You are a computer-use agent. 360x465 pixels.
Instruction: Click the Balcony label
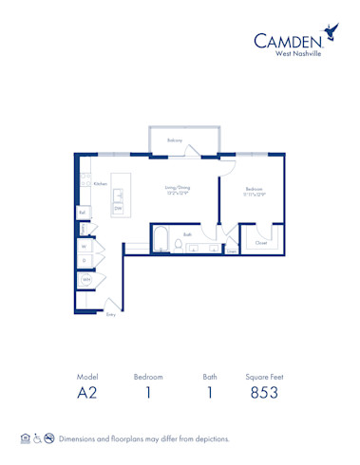175,140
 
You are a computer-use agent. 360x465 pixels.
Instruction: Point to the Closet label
260,243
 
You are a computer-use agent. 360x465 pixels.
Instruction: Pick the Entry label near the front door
111,314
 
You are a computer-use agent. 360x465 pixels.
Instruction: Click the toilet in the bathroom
178,247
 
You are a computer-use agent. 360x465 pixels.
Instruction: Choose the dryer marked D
85,260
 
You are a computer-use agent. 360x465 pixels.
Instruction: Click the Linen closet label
230,251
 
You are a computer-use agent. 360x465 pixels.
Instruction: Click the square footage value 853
263,393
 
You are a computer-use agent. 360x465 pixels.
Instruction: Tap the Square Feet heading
263,377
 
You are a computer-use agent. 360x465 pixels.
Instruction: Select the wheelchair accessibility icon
37,439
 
